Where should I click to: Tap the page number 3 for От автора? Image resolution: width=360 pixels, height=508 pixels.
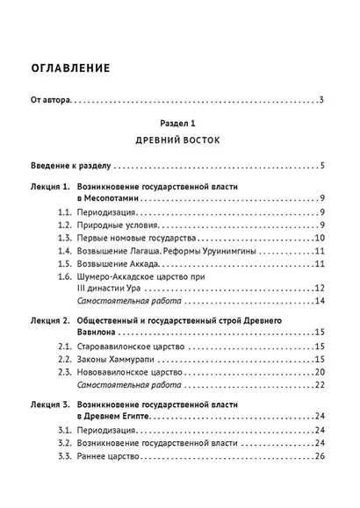[x=322, y=97]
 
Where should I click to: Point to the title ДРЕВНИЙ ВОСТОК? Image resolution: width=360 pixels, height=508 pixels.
[x=180, y=140]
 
